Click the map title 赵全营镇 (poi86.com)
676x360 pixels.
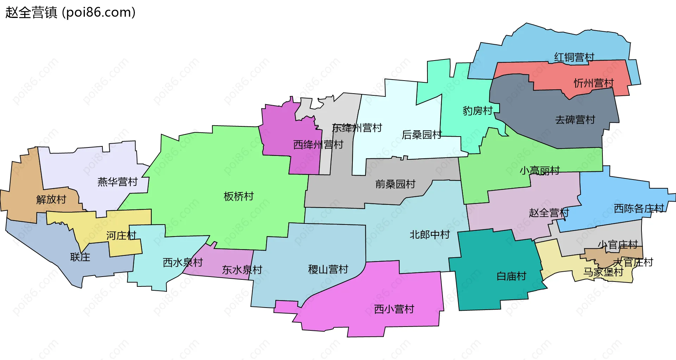70,13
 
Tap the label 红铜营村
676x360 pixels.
574,57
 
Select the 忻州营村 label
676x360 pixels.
594,83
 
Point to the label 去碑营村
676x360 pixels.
575,120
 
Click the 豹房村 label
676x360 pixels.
477,111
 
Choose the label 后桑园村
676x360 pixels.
421,135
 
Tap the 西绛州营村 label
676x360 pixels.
318,145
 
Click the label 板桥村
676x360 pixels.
239,196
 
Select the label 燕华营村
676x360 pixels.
117,182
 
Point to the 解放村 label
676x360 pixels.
51,200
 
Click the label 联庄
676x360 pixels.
80,257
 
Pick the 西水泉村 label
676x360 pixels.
182,263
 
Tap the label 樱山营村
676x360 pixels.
328,270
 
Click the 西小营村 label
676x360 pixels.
394,309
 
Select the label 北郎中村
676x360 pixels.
430,235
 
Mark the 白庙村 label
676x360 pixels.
511,276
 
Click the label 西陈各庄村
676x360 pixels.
639,209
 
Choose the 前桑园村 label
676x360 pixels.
395,184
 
